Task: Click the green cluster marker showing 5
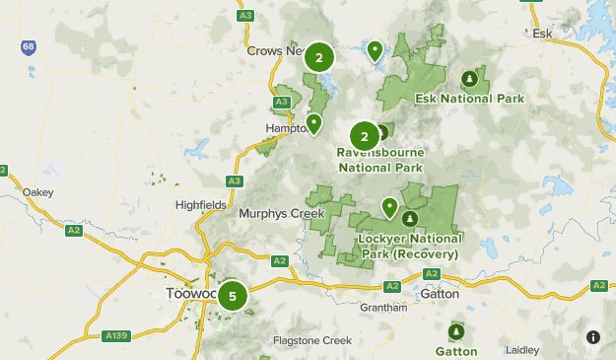click(x=232, y=295)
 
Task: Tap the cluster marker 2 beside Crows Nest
click(x=318, y=57)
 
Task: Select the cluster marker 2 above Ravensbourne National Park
click(x=364, y=136)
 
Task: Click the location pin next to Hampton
click(x=313, y=123)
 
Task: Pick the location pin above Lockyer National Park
click(x=389, y=207)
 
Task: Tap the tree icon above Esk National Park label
click(x=469, y=79)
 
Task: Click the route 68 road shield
click(x=30, y=46)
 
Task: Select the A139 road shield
click(x=115, y=336)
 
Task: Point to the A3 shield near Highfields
click(x=234, y=180)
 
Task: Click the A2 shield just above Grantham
click(x=391, y=286)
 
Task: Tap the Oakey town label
click(x=37, y=192)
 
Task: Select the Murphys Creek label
click(x=281, y=212)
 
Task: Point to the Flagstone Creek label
click(x=312, y=341)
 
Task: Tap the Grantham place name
click(x=383, y=308)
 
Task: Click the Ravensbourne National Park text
click(x=379, y=161)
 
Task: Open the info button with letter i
click(x=593, y=337)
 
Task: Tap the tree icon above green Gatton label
click(x=455, y=330)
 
